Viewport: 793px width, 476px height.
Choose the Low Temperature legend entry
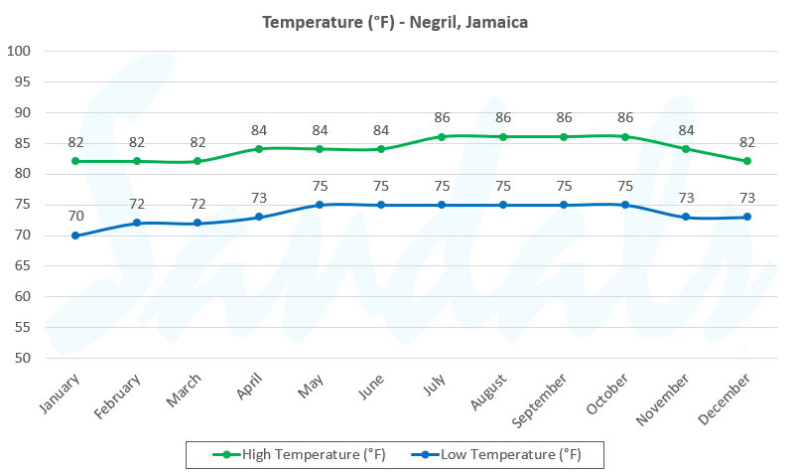(500, 455)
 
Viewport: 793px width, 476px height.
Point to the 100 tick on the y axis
(20, 52)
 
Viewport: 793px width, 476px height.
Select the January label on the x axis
(62, 394)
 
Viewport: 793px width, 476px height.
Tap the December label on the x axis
(727, 397)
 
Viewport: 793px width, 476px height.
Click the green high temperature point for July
(442, 136)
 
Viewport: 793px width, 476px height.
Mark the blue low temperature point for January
(75, 236)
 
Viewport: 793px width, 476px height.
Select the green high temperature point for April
(258, 149)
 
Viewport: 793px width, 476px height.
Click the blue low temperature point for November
(686, 217)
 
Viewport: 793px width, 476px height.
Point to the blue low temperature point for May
(320, 205)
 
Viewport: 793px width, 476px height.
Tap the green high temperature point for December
(747, 161)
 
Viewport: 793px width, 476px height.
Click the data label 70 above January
(75, 216)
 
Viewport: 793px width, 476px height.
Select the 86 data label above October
(625, 117)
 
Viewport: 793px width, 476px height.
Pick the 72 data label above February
(137, 204)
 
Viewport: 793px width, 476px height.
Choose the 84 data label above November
(686, 129)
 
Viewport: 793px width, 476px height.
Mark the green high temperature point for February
(137, 161)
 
